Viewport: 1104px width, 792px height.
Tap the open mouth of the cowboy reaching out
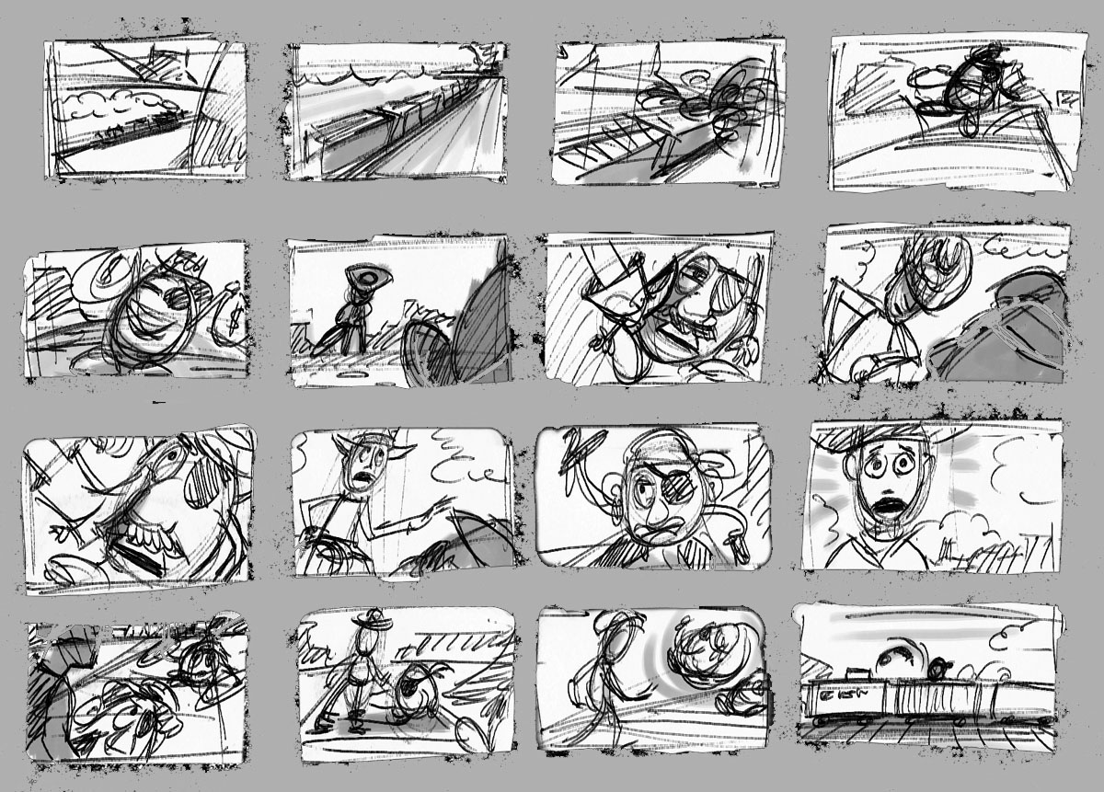pyautogui.click(x=367, y=478)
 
